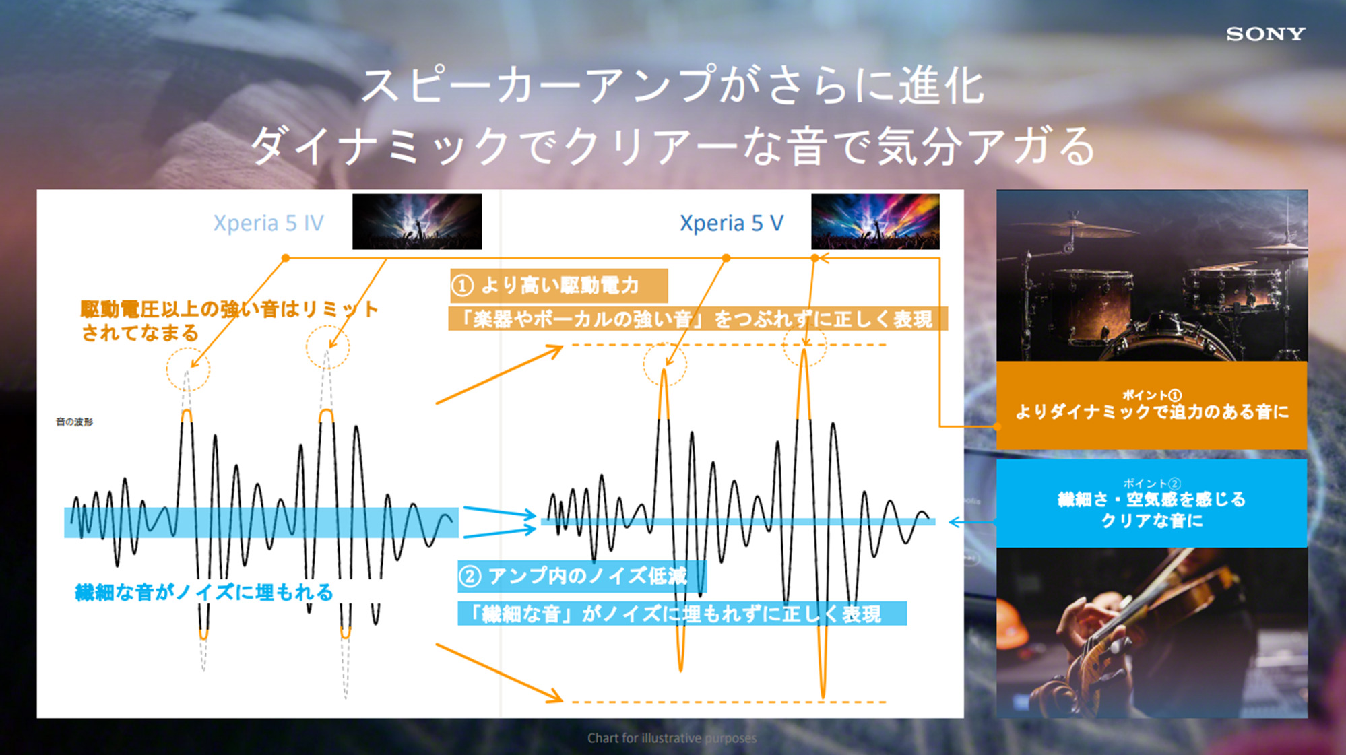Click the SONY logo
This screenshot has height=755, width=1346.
pos(1265,34)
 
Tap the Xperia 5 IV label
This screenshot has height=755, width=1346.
pos(268,223)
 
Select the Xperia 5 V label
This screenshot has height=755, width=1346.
pos(732,223)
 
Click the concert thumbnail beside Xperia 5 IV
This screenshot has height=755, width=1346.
pos(417,222)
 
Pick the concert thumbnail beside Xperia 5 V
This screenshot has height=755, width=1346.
pos(875,222)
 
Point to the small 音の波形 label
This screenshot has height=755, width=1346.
pos(74,422)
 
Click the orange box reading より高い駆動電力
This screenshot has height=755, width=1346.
pos(558,286)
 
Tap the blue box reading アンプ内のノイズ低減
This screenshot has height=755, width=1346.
pos(582,577)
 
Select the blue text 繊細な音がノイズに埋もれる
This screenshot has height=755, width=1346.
pos(204,593)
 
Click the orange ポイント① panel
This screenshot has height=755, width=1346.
pos(1151,405)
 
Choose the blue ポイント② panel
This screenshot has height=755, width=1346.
pos(1151,503)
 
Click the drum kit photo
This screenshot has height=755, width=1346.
pos(1151,275)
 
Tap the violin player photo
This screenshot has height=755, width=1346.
pos(1151,632)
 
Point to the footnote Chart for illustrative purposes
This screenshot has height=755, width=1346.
pos(672,738)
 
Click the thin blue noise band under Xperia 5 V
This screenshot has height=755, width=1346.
pos(738,522)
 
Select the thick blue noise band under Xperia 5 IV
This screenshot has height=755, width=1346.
pos(261,523)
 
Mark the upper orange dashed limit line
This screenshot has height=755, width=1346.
pos(729,345)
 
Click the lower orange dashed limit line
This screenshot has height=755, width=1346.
pos(729,702)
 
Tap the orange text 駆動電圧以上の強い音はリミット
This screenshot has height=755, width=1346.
pos(229,309)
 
